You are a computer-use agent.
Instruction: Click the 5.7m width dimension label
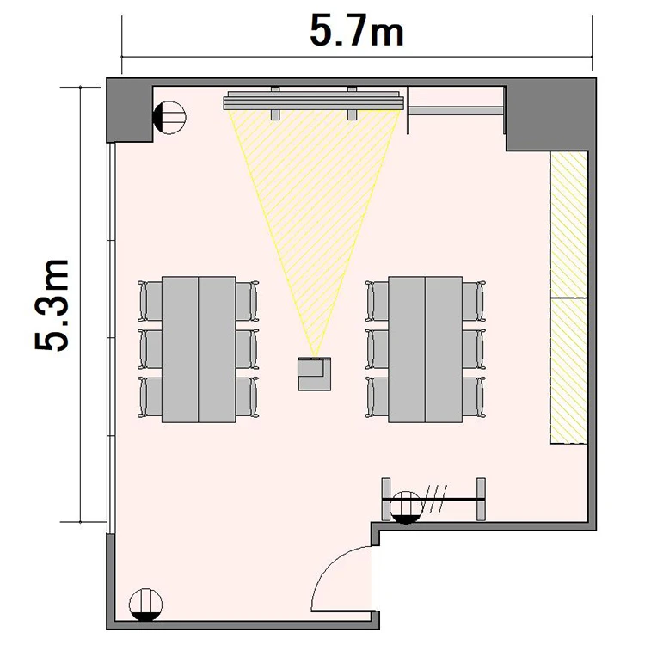pyautogui.click(x=357, y=32)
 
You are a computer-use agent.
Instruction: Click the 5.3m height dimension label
pyautogui.click(x=51, y=305)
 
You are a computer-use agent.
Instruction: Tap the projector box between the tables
pyautogui.click(x=315, y=374)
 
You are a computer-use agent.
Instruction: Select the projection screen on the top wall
pyautogui.click(x=313, y=101)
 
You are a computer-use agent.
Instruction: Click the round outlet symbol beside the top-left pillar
pyautogui.click(x=169, y=117)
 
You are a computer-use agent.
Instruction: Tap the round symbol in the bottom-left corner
pyautogui.click(x=145, y=605)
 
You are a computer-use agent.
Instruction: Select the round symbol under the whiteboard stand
pyautogui.click(x=406, y=507)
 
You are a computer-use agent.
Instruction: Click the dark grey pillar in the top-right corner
pyautogui.click(x=550, y=114)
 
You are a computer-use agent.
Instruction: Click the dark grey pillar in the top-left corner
pyautogui.click(x=130, y=110)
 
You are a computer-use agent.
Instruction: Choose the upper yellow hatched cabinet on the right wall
pyautogui.click(x=568, y=224)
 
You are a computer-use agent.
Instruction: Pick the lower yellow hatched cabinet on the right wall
pyautogui.click(x=568, y=371)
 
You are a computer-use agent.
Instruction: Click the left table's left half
pyautogui.click(x=181, y=349)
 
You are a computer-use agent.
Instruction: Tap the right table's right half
pyautogui.click(x=444, y=349)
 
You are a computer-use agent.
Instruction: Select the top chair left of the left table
pyautogui.click(x=150, y=301)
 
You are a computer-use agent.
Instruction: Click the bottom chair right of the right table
pyautogui.click(x=474, y=397)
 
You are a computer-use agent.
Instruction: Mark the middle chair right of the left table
pyautogui.click(x=247, y=349)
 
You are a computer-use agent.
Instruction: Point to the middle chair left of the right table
pyautogui.click(x=377, y=349)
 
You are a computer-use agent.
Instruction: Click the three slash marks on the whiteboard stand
pyautogui.click(x=435, y=499)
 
